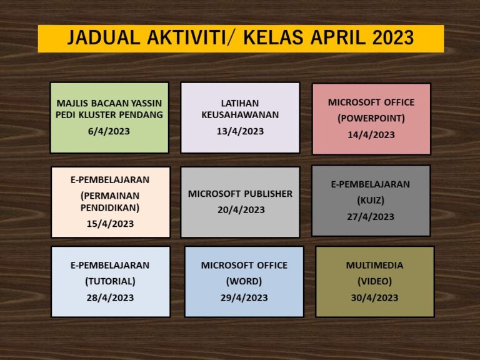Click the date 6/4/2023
109,131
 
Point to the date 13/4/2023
240,131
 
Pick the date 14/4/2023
371,135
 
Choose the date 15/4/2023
110,224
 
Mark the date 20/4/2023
241,210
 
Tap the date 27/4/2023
371,217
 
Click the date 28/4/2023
110,297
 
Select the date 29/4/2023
244,297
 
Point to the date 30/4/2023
375,297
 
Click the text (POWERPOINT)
371,118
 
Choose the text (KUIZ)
371,200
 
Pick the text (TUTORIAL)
110,281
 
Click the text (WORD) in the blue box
244,281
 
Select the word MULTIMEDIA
375,265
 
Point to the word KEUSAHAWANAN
240,115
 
